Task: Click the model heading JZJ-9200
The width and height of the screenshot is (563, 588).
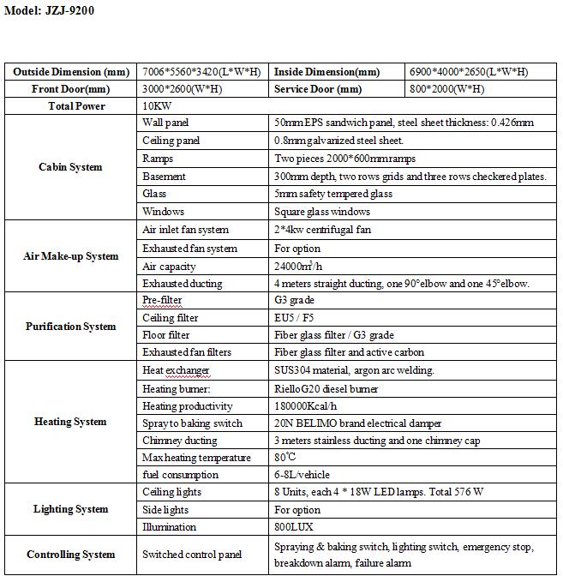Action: click(50, 11)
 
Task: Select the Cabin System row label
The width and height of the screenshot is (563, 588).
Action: click(70, 167)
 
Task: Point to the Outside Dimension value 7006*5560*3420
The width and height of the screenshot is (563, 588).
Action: click(201, 72)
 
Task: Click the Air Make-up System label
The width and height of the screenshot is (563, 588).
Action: click(70, 256)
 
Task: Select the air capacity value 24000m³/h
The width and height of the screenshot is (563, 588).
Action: click(302, 267)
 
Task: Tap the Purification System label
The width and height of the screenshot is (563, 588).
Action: click(70, 327)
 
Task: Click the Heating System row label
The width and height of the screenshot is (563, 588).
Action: click(70, 422)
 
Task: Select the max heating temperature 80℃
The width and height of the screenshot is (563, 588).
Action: click(286, 458)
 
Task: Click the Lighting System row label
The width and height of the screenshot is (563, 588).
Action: click(70, 509)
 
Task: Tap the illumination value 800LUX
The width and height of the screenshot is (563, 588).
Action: click(295, 527)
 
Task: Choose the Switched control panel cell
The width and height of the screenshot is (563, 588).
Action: click(192, 555)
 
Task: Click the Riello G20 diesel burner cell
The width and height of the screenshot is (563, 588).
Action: click(326, 389)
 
